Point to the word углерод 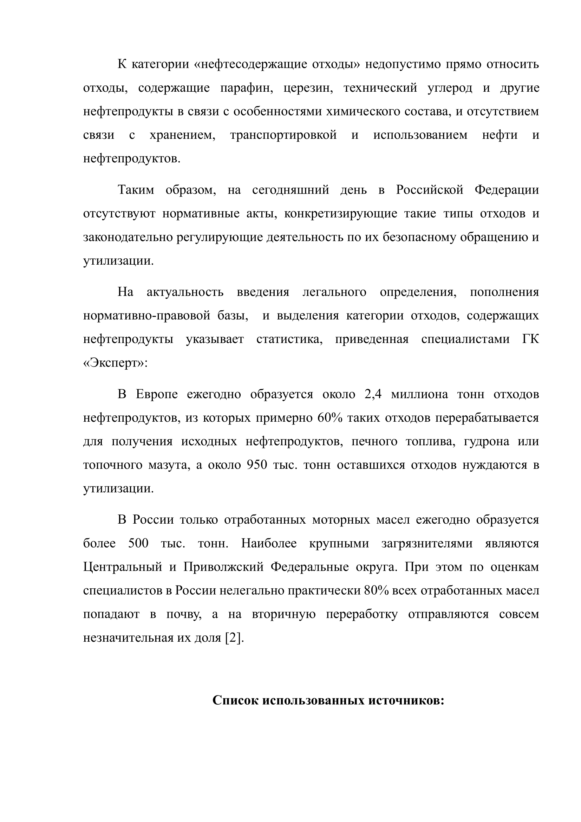point(450,88)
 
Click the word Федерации point(507,190)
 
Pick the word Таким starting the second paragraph point(136,190)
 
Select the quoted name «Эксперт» point(115,363)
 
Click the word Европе point(157,395)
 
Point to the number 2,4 point(373,395)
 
